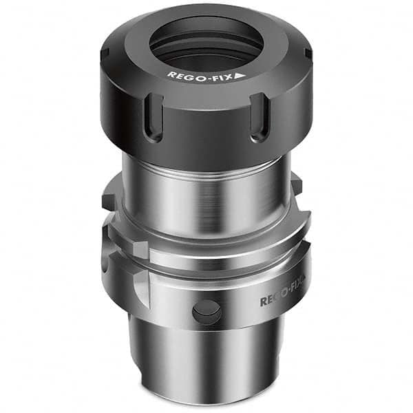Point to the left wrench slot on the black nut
[x=154, y=117]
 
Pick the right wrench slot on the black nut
[x=260, y=117]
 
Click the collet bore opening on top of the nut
[x=206, y=43]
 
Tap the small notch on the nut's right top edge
[x=308, y=54]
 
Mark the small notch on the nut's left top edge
[x=105, y=54]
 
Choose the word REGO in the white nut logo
[x=182, y=74]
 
